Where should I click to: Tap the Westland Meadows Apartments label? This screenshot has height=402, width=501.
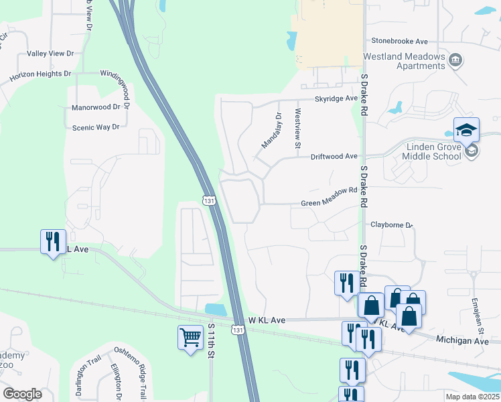pyautogui.click(x=404, y=62)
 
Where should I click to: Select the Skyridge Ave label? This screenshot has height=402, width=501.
pyautogui.click(x=337, y=98)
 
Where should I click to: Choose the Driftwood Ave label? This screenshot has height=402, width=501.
pyautogui.click(x=334, y=156)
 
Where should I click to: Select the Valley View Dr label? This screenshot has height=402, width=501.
pyautogui.click(x=50, y=53)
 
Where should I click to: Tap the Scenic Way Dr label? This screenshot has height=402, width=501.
pyautogui.click(x=95, y=127)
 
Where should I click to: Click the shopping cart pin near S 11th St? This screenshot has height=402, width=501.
pyautogui.click(x=190, y=337)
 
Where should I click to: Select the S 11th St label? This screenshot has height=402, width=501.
pyautogui.click(x=210, y=340)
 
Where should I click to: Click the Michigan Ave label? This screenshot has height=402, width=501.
pyautogui.click(x=462, y=341)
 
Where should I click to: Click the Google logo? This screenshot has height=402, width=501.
pyautogui.click(x=22, y=394)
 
